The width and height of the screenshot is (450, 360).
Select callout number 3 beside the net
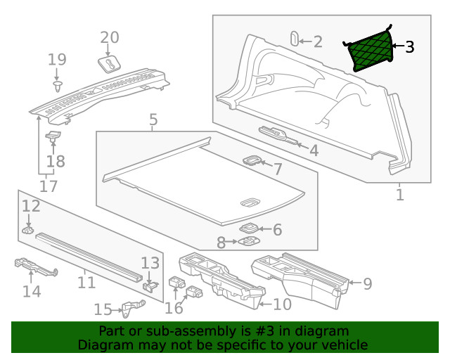(x=409, y=47)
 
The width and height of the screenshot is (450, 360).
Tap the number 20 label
(x=110, y=38)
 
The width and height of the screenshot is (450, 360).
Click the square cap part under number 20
(x=111, y=65)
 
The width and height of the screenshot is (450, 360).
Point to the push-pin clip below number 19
(x=57, y=86)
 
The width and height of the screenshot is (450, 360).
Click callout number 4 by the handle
(x=314, y=150)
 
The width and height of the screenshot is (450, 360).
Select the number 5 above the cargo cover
(x=153, y=121)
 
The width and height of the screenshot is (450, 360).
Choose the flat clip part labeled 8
(x=247, y=242)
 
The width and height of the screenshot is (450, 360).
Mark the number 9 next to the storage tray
(x=366, y=284)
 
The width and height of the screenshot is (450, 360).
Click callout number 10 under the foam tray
(x=281, y=304)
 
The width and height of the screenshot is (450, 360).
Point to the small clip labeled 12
(x=27, y=230)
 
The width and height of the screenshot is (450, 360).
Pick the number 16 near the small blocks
(x=174, y=307)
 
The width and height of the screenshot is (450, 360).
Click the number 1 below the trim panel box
(x=400, y=194)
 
